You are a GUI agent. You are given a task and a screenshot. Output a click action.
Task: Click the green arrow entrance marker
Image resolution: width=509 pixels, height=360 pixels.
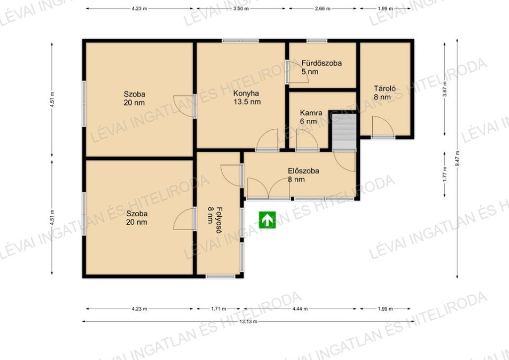point(267,220)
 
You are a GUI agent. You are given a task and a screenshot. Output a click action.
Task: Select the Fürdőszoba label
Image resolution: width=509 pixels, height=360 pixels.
point(322,63)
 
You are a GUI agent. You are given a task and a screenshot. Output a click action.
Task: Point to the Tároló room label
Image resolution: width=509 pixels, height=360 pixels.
point(385,89)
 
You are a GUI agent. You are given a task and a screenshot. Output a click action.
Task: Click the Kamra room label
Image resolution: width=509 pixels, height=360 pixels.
point(311,113)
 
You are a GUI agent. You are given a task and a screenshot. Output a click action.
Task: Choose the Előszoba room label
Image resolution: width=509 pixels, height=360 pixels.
point(304,171)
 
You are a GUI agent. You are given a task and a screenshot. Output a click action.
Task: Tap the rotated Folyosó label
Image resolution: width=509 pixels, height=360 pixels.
point(219,220)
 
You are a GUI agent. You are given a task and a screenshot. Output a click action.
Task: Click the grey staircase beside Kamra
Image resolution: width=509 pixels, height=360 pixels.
point(344,131)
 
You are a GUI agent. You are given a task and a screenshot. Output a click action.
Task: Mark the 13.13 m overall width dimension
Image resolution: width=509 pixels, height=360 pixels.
point(248,321)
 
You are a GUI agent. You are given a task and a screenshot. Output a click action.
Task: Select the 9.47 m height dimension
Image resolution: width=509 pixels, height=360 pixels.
point(457,159)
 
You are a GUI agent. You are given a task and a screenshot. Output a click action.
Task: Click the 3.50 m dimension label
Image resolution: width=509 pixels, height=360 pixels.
point(241,9)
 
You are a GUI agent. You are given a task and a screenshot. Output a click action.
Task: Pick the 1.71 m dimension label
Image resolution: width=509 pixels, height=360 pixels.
point(219,309)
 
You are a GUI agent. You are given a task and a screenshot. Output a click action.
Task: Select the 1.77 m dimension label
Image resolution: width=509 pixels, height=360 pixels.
point(445,173)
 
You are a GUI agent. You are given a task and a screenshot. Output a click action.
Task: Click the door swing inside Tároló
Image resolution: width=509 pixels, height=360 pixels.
point(383,127)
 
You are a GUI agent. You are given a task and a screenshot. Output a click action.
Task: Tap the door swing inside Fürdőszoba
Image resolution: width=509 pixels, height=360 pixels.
point(298,72)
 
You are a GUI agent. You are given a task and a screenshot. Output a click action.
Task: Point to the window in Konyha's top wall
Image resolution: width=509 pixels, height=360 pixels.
point(240,41)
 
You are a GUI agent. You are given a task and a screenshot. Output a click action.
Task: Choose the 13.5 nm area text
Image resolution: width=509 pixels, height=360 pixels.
point(247,102)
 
